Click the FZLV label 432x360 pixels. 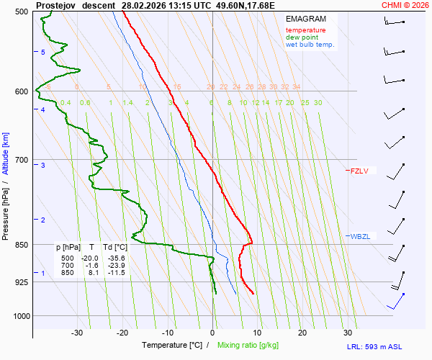coord(359,171)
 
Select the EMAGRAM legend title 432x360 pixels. coord(305,18)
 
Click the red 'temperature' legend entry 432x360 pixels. coord(305,30)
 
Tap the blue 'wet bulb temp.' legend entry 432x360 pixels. coord(310,45)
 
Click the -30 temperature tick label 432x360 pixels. coord(77,333)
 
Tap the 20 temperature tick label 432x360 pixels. coord(302,333)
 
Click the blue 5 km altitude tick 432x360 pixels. coord(43,53)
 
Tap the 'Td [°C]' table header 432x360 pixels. coord(114,247)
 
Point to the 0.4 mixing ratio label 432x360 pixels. coord(66,103)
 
